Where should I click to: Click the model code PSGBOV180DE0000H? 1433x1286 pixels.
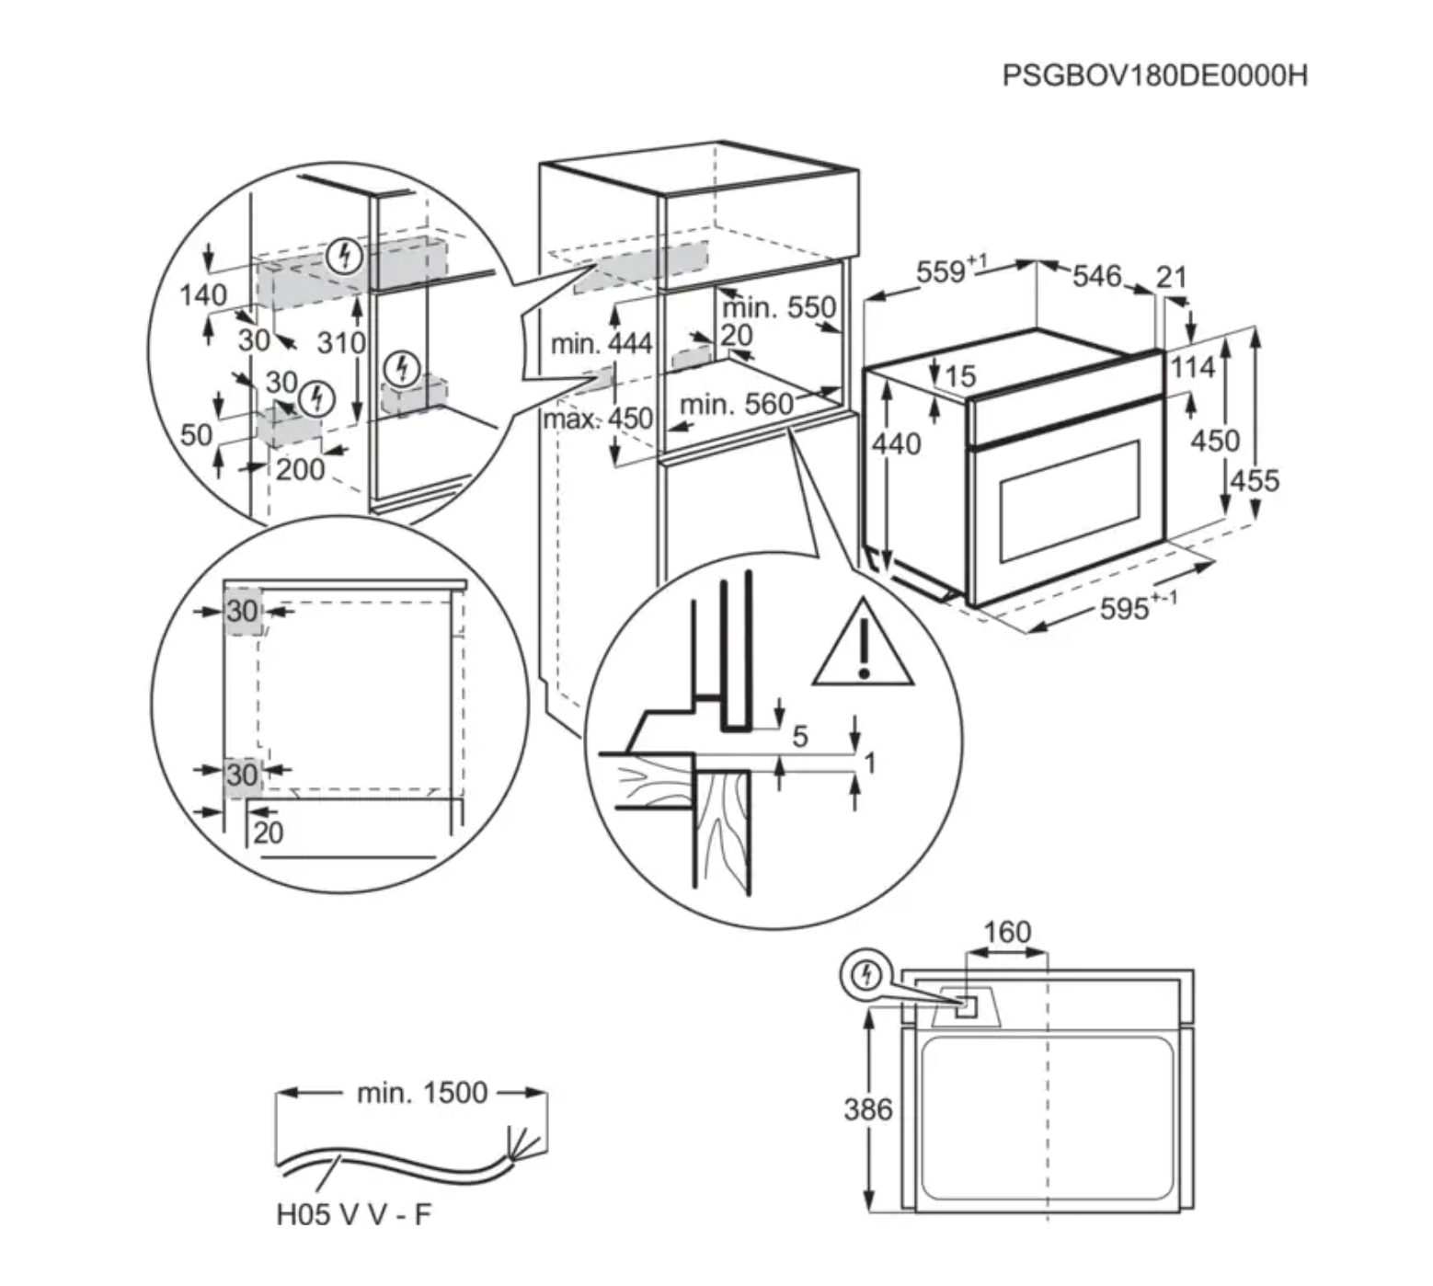[x=1154, y=75]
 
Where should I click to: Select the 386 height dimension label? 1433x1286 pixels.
[x=867, y=1109]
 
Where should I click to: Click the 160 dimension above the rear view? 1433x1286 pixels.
[x=1006, y=932]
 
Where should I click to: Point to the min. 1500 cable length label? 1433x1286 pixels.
[x=421, y=1093]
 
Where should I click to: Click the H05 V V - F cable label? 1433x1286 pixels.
[x=353, y=1214]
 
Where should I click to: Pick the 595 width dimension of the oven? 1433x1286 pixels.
[x=1124, y=608]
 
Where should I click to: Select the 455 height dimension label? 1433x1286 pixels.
[x=1255, y=480]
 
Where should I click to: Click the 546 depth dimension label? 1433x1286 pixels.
[x=1096, y=275]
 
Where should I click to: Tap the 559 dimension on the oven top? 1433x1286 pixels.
[x=942, y=272]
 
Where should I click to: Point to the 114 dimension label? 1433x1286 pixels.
[x=1192, y=368]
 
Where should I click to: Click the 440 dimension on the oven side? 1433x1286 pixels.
[x=896, y=444]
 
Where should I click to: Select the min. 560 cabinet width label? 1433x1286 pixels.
[x=736, y=405]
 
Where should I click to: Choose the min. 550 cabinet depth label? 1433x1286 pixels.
[x=780, y=307]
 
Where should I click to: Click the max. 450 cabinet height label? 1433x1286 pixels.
[x=598, y=419]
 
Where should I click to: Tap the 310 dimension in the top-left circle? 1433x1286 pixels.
[x=341, y=343]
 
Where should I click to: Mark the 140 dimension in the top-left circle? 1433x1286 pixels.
[x=202, y=295]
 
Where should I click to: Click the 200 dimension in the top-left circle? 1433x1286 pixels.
[x=300, y=469]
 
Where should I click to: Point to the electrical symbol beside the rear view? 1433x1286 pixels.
[x=866, y=975]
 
